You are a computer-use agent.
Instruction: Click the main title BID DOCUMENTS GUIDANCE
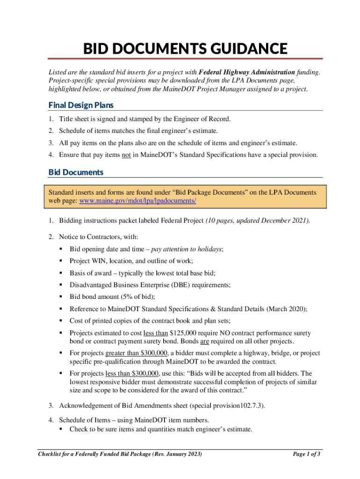coord(185,49)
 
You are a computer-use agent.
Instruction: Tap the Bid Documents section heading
coord(76,172)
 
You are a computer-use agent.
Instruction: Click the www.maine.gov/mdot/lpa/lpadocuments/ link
coord(138,201)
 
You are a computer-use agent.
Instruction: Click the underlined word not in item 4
coord(126,154)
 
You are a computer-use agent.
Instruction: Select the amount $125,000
coord(186,333)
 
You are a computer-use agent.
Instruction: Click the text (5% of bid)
coord(136,297)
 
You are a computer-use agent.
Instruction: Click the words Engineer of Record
coord(205,119)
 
